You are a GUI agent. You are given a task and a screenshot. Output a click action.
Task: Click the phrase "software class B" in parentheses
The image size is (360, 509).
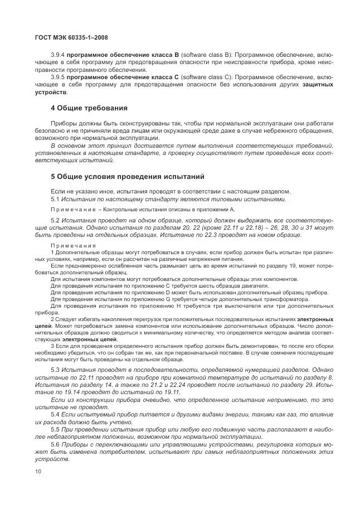[x=208, y=56]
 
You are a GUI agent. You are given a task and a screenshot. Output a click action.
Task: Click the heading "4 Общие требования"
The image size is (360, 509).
[x=89, y=107]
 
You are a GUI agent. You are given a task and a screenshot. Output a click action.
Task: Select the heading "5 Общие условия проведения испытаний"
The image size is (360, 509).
[x=128, y=177]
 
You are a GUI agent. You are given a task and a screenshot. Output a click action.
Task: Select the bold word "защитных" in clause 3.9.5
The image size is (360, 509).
[x=318, y=84]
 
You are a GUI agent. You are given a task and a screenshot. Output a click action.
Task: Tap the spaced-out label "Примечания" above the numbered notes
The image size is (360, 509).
[x=72, y=246]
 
